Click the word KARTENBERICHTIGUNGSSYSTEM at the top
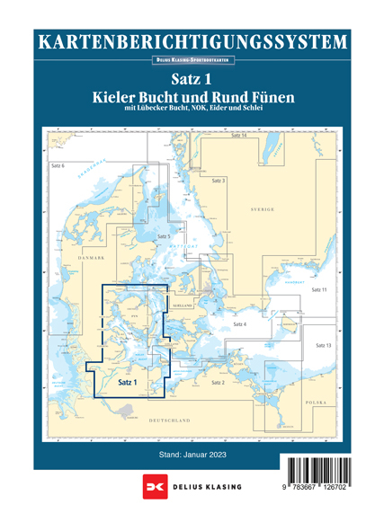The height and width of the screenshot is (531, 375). tap(187, 41)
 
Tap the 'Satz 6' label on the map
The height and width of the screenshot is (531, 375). tap(58, 167)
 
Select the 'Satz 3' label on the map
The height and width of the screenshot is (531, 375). tap(219, 181)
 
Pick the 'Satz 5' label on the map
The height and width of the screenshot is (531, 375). tap(164, 235)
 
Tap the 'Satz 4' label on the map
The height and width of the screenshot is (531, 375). tap(239, 323)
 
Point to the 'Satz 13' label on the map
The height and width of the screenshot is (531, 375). tap(324, 346)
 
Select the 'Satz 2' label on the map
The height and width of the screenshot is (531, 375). tap(218, 383)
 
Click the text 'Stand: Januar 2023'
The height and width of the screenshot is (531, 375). tap(187, 456)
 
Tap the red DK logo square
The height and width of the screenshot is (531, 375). tap(151, 487)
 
